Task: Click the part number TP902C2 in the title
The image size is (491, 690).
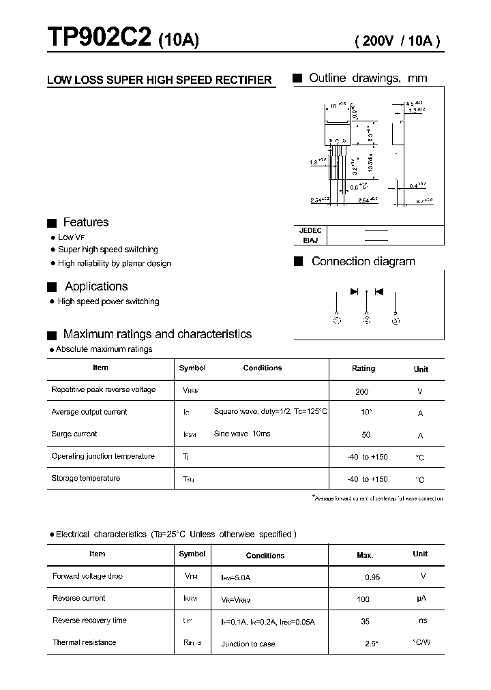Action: (99, 39)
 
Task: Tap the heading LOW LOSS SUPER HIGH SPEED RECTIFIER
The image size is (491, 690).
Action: (160, 80)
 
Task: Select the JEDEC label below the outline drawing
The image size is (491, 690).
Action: (310, 230)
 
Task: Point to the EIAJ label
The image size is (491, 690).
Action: (310, 240)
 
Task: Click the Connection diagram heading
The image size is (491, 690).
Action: (363, 262)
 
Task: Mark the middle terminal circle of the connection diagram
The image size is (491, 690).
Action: (367, 320)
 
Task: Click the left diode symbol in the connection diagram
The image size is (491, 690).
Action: (355, 291)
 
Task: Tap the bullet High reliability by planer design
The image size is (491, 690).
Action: (114, 263)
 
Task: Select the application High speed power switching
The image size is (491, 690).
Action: (108, 301)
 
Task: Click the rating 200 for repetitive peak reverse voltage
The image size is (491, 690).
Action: (362, 392)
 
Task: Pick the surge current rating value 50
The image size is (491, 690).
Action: (366, 435)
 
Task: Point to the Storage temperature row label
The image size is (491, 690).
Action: (85, 478)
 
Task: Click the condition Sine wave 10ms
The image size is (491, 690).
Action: (241, 434)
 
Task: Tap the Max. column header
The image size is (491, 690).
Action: (365, 555)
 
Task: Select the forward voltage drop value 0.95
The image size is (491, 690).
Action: (372, 577)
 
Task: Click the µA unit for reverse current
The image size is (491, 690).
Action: (421, 599)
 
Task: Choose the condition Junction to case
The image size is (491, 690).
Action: (248, 644)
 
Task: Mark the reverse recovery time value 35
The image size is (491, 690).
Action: (366, 621)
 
